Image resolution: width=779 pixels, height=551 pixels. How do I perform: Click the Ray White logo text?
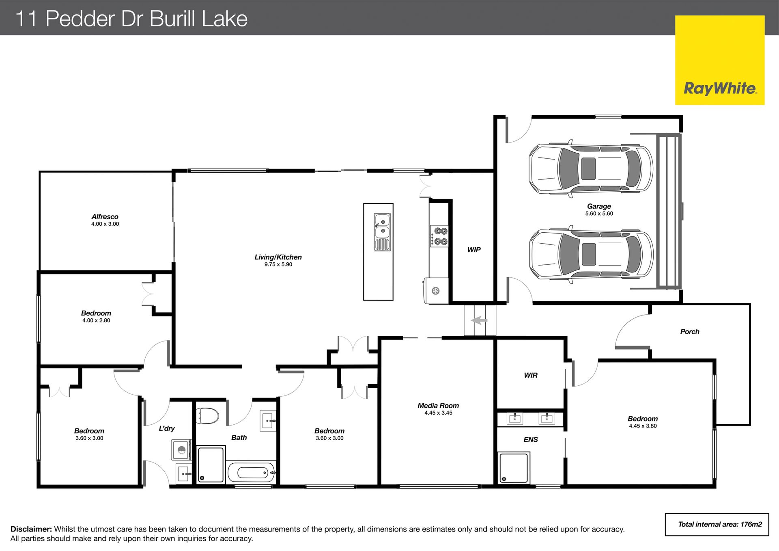tap(720, 89)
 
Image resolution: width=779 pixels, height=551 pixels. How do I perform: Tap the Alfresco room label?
tap(105, 217)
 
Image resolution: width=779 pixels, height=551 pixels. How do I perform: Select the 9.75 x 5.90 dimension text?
tap(278, 264)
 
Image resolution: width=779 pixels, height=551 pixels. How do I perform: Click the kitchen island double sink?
tap(382, 232)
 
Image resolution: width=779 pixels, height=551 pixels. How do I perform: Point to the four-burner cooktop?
tap(439, 236)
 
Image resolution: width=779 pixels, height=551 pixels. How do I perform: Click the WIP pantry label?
tap(474, 250)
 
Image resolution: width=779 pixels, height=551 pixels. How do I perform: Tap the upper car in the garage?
tap(591, 168)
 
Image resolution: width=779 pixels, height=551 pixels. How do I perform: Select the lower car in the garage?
tap(591, 254)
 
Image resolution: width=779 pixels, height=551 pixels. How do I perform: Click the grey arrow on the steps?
tap(479, 320)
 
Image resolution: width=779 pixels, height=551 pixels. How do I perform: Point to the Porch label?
tap(690, 332)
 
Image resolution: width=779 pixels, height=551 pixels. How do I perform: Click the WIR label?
tap(531, 376)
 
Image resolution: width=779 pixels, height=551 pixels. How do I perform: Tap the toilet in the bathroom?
tap(207, 416)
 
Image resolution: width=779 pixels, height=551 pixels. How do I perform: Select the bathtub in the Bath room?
tap(252, 472)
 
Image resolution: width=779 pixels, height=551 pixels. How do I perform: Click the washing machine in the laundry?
tap(181, 449)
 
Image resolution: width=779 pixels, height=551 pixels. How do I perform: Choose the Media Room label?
tap(438, 406)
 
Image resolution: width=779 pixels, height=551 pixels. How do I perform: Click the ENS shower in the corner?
tap(514, 468)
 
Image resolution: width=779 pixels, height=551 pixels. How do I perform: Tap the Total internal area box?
tap(717, 525)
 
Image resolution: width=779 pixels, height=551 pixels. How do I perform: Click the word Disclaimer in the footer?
tap(31, 529)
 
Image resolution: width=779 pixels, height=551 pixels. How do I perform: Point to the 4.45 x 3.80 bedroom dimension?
tap(643, 426)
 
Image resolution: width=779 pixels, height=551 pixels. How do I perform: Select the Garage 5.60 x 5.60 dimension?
tap(599, 214)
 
